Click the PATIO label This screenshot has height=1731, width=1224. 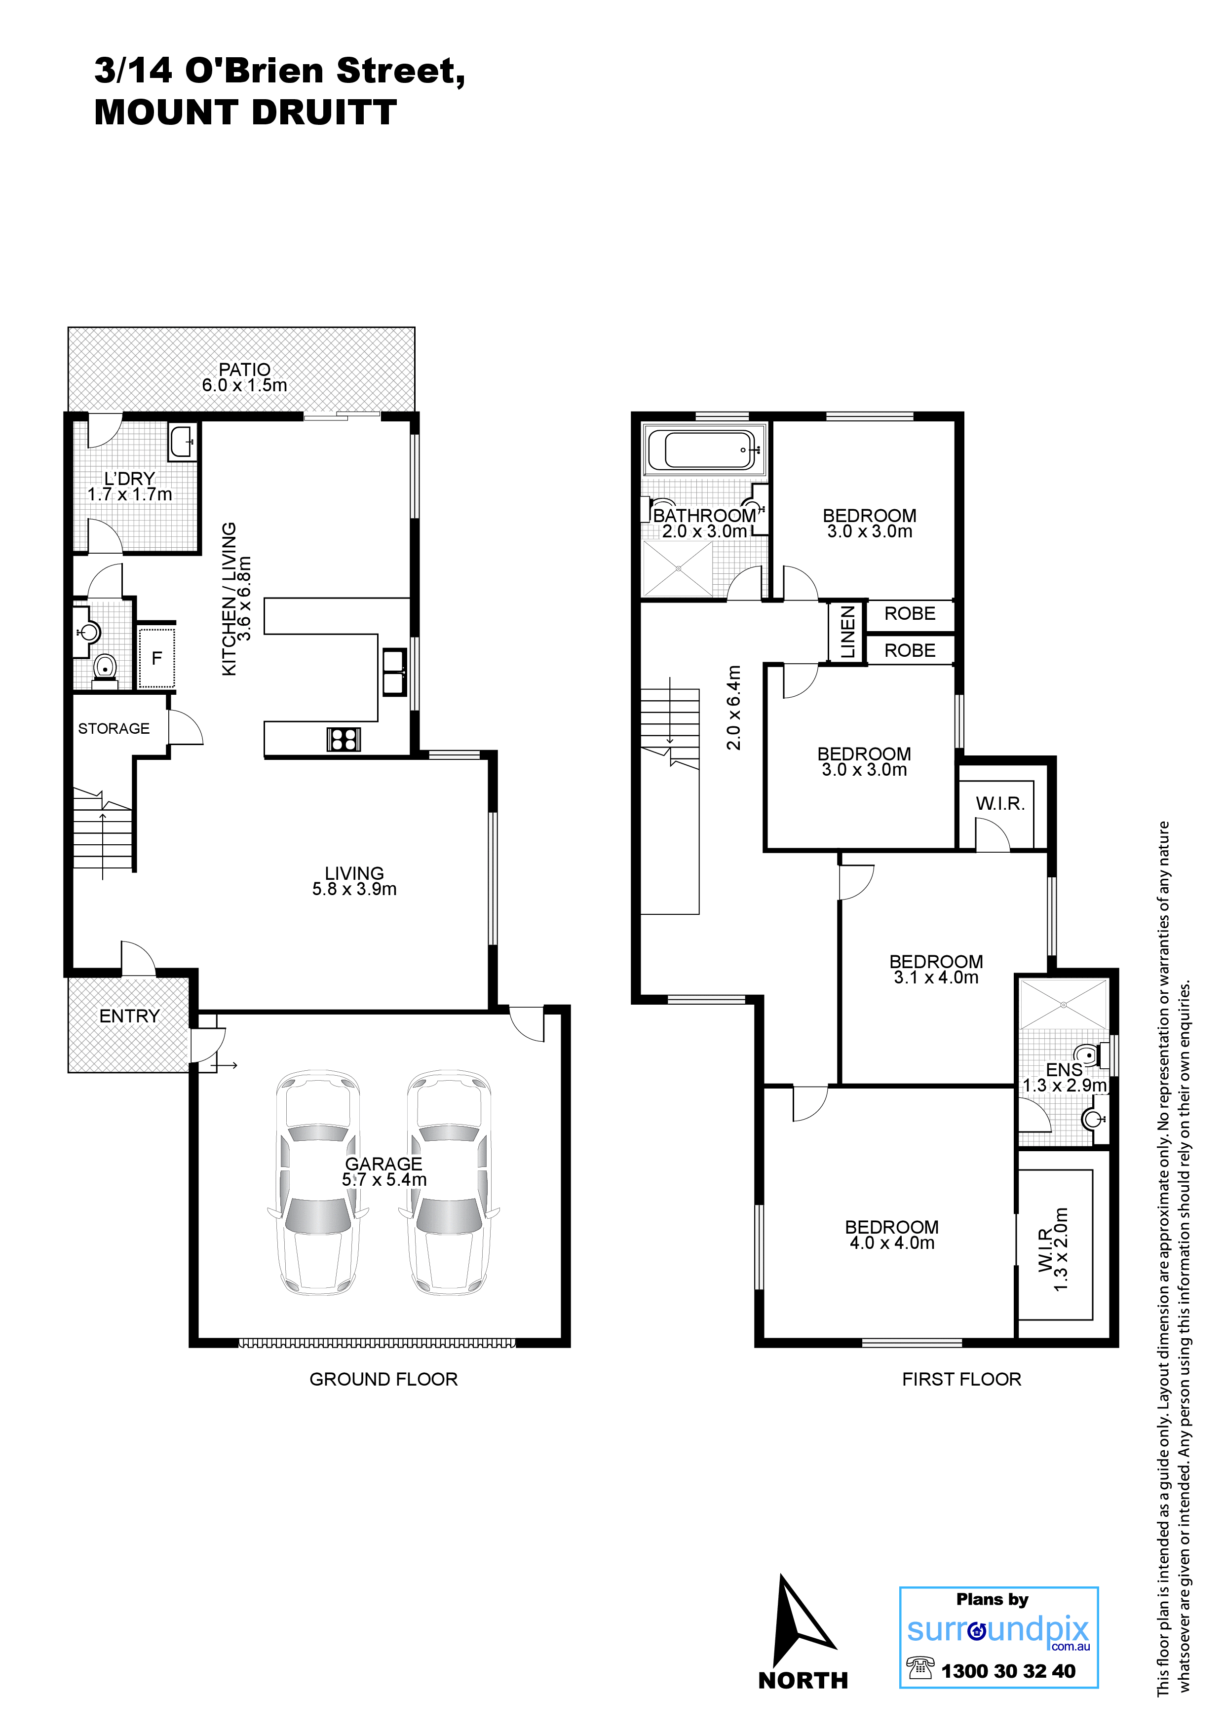click(244, 370)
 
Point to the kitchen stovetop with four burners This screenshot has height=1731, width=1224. click(343, 739)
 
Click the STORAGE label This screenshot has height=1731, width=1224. click(114, 728)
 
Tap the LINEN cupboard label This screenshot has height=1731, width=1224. click(848, 632)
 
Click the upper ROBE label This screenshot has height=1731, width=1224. click(910, 614)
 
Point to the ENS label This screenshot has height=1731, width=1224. click(1064, 1069)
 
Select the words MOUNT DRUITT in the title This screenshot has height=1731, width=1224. click(245, 113)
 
